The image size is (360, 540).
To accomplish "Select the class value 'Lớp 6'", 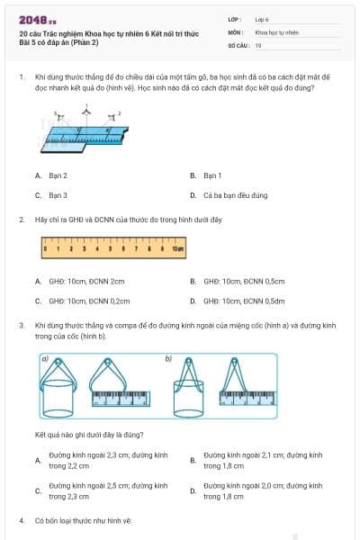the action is [x=262, y=19].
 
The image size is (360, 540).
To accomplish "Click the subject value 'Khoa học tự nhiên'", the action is [x=276, y=31].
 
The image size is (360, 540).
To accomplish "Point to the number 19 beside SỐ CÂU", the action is [x=258, y=44].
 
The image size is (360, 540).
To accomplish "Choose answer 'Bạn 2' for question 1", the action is [x=58, y=175].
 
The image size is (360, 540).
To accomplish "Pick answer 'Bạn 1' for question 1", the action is [x=212, y=175].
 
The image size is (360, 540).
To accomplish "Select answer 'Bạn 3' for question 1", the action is [x=58, y=194].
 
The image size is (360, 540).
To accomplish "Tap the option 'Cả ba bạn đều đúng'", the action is [x=235, y=194].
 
